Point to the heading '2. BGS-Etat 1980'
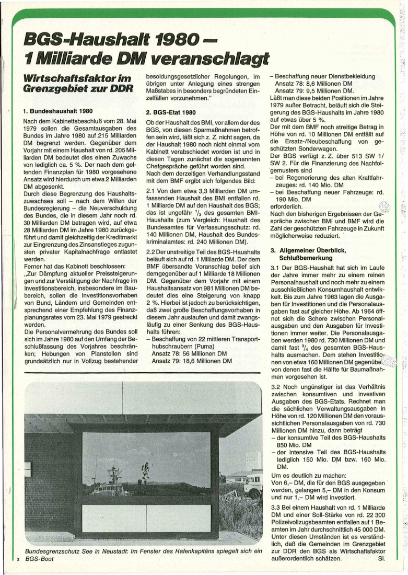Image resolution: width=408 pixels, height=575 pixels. coord(171,112)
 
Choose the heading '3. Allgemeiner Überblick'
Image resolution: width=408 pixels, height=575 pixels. coord(312,250)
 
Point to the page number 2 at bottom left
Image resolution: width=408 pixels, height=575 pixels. coord(18,559)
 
